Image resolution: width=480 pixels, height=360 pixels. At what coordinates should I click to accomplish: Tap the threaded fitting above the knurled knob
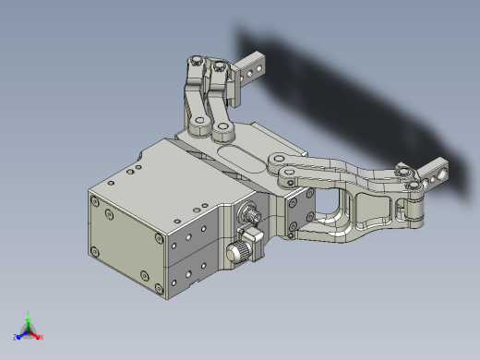247,217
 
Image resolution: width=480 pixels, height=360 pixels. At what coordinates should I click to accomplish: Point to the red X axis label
42,337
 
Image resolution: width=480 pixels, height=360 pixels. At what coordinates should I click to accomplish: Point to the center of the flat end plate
128,242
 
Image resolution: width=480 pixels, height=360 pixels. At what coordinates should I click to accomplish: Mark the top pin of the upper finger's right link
220,66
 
